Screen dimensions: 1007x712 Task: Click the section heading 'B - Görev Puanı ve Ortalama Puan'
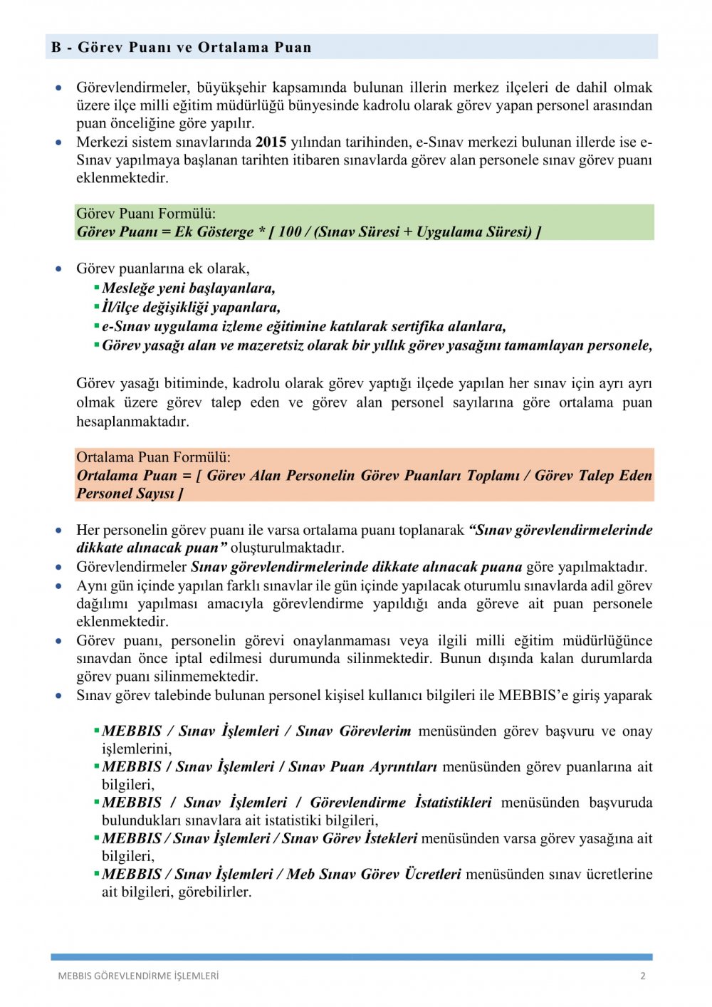[182, 48]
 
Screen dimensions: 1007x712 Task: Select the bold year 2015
[271, 142]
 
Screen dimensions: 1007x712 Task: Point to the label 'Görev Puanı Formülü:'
[146, 214]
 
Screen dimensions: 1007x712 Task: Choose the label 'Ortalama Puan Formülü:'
[154, 457]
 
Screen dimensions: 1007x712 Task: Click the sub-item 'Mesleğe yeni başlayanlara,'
[189, 288]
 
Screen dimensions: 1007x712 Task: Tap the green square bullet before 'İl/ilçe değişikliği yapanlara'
[97, 306]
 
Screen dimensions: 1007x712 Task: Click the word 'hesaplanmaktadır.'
[133, 422]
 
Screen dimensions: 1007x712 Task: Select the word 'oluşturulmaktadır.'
[288, 548]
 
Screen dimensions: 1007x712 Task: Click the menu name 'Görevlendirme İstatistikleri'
[401, 802]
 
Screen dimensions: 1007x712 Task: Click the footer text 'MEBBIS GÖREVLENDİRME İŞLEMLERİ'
[138, 976]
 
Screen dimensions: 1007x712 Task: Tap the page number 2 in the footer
[643, 976]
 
